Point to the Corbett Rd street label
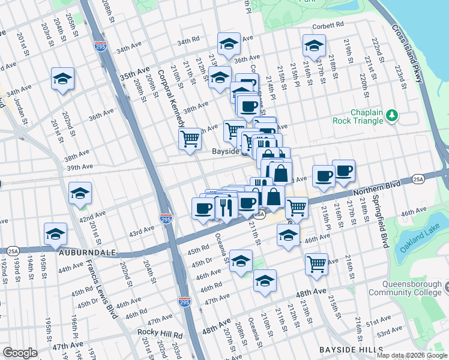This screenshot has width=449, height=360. coord(327,25)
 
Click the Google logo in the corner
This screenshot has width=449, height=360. coord(20,353)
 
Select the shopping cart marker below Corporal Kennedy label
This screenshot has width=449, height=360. coord(190,139)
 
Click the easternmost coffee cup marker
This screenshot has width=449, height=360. coord(343,170)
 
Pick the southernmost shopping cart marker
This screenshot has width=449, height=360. coord(316,263)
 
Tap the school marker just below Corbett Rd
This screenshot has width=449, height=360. coord(313,45)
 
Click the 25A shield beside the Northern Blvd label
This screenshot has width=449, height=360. coord(418,179)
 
